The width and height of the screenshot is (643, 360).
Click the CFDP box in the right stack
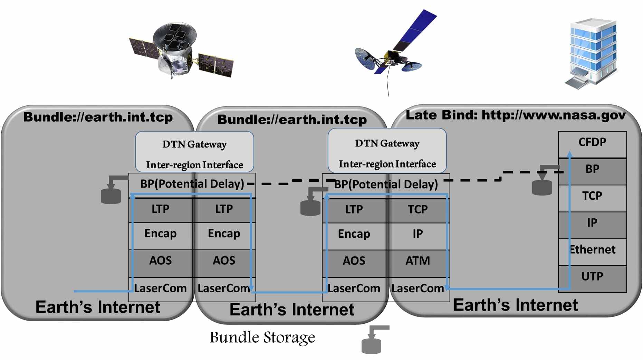tap(592, 143)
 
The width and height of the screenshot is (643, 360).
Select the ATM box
tap(418, 261)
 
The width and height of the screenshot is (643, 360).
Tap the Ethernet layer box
tap(592, 250)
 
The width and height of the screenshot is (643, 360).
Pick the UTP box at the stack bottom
tap(592, 277)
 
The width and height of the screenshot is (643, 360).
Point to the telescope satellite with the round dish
tap(180, 50)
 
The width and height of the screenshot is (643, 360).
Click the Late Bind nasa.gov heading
tap(515, 115)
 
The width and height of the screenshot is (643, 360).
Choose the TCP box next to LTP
tap(418, 209)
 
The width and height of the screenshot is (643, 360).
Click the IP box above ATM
tap(418, 234)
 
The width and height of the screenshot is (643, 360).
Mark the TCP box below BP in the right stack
tap(592, 196)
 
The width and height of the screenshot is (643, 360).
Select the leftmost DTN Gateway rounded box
tap(194, 152)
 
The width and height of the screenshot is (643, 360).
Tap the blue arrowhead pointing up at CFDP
tap(570, 154)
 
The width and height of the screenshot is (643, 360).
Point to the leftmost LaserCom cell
tap(160, 288)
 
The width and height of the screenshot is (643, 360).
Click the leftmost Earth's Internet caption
tap(98, 307)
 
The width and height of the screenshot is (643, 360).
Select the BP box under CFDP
tap(592, 169)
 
